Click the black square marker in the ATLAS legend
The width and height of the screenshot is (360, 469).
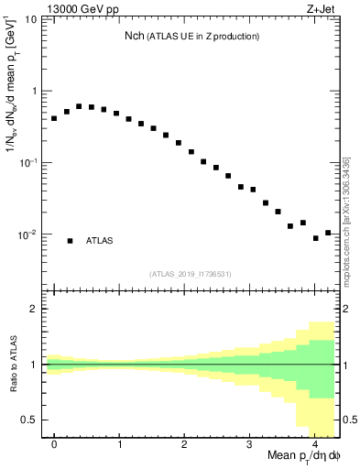(70, 241)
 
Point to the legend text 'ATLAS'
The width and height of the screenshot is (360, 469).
(100, 241)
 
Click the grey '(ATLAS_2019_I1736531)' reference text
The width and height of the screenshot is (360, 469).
(191, 273)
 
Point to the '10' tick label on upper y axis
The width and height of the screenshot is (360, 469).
(30, 19)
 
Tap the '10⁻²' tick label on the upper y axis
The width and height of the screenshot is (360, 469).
(28, 235)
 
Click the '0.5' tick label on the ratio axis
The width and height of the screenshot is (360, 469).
(30, 420)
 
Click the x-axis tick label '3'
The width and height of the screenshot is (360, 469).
(250, 443)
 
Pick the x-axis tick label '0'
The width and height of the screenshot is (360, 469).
(54, 443)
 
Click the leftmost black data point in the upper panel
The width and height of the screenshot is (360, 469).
(54, 118)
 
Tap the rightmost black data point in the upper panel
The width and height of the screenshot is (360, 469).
(328, 233)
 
